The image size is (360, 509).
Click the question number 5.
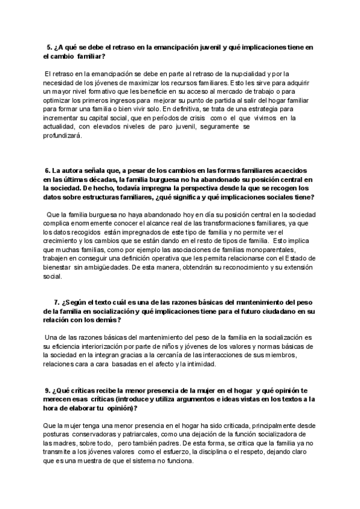pos(49,47)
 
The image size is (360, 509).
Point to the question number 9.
pos(48,390)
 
